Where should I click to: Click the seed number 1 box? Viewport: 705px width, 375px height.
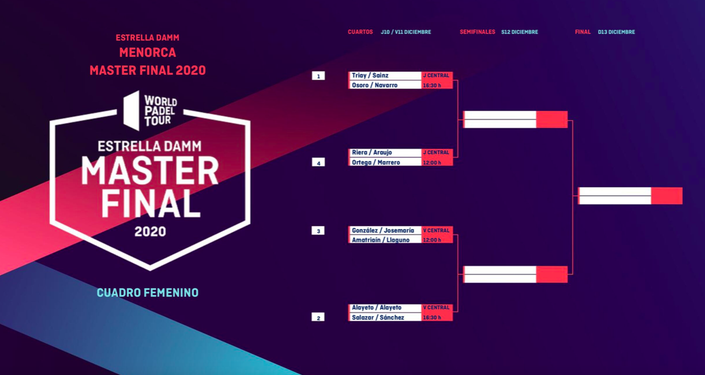pos(318,76)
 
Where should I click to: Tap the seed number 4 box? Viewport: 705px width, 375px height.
pos(318,163)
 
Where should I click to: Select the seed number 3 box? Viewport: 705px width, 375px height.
pos(318,231)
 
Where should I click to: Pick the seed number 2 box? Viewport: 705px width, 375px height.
pos(318,317)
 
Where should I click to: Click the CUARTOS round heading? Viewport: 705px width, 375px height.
pos(360,32)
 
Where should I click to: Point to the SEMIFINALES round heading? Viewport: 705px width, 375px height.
pos(477,32)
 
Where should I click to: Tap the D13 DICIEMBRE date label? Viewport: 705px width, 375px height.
pos(616,32)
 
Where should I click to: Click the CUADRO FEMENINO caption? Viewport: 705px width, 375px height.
pos(148,293)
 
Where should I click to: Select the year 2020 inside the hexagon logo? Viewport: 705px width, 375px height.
pos(150,232)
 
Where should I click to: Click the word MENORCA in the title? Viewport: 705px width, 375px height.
pos(148,53)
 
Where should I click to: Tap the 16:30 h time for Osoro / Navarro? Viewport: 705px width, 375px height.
pos(432,85)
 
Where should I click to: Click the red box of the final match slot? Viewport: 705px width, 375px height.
pos(667,195)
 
